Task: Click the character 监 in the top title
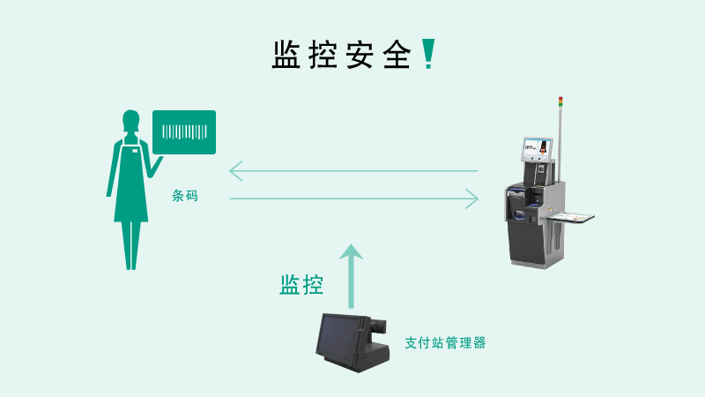coord(288,55)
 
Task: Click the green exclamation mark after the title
coord(428,54)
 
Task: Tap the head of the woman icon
coord(130,119)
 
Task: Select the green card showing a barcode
coord(184,132)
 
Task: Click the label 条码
coord(185,196)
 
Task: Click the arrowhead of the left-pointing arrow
coord(234,170)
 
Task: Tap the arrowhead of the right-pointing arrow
coord(473,198)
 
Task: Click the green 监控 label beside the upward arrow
coord(301,284)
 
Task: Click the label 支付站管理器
coord(444,342)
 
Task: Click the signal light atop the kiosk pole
coord(560,101)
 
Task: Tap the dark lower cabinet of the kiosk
coord(531,238)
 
